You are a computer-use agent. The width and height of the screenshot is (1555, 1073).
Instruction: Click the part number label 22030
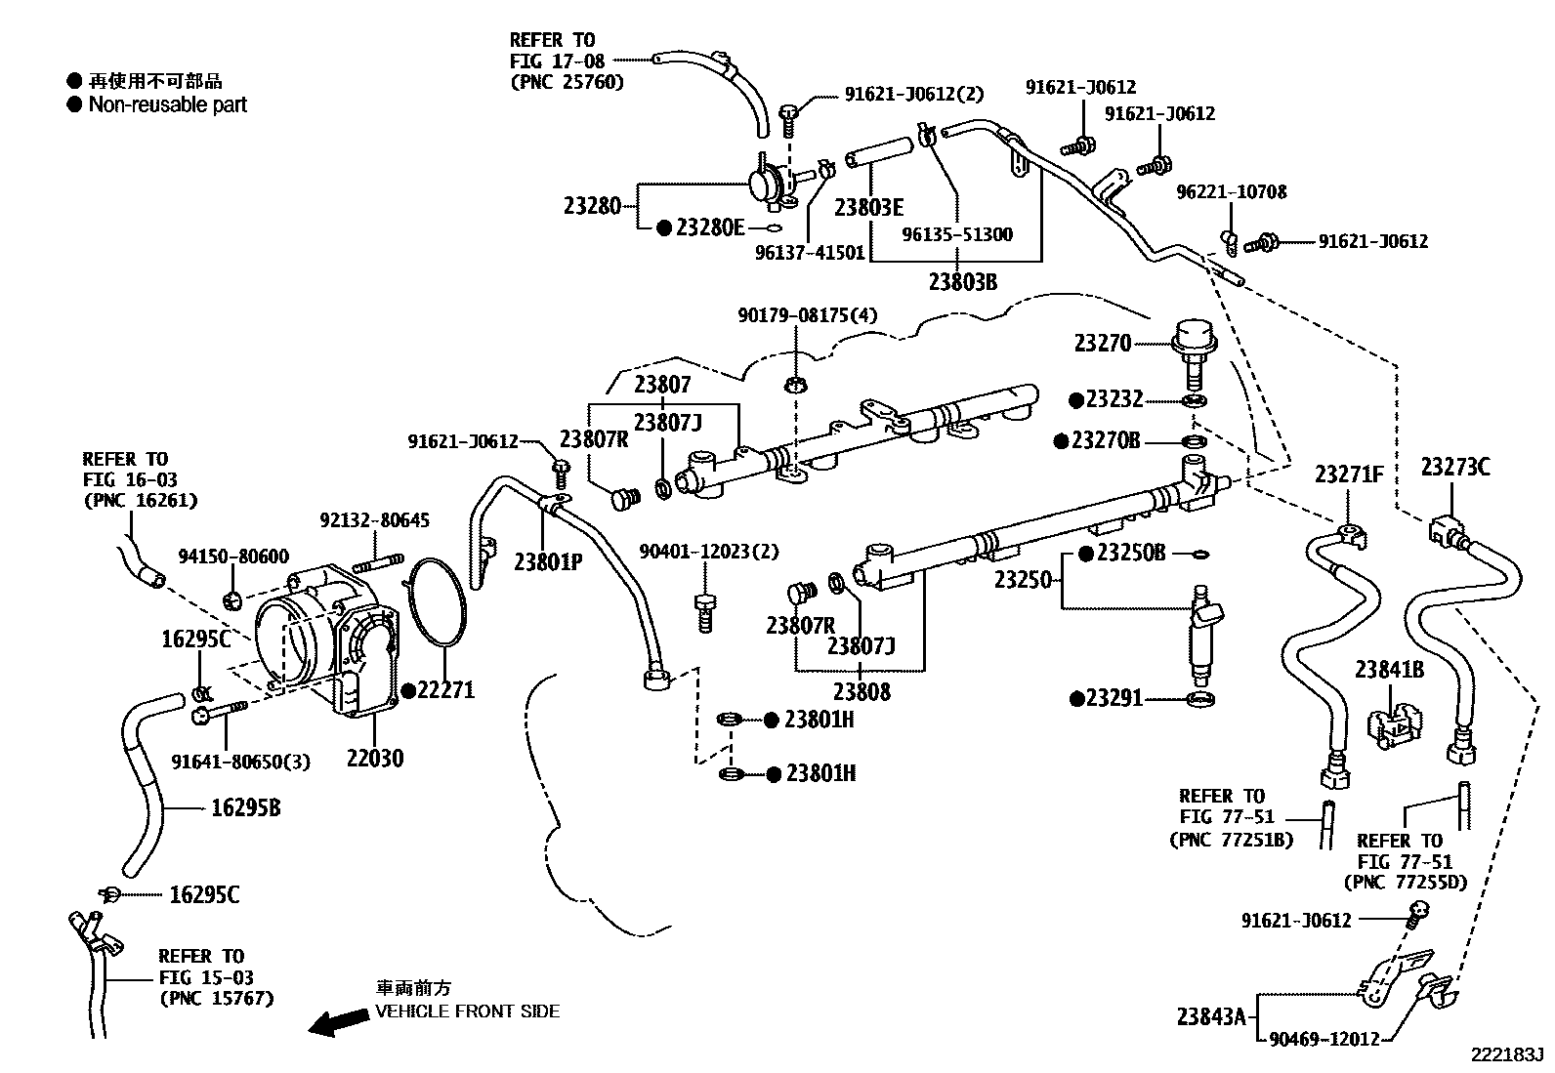374,759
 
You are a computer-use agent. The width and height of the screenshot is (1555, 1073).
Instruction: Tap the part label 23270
1103,344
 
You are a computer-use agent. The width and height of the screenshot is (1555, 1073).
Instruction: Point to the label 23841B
1389,670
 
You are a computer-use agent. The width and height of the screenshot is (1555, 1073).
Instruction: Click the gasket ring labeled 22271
436,603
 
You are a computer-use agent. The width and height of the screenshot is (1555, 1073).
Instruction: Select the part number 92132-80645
374,520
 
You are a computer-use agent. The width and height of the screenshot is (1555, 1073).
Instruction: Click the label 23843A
1211,1016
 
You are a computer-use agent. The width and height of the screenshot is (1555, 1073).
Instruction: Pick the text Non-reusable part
167,104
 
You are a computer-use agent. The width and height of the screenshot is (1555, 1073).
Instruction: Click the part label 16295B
246,808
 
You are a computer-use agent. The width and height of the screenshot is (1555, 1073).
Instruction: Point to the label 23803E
868,208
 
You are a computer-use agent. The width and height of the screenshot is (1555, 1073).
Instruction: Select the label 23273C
1455,468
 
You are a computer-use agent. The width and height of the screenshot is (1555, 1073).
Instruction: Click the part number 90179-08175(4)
807,315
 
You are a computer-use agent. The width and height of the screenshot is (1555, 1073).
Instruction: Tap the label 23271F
1349,475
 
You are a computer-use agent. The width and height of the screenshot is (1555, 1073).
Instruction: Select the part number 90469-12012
1324,1040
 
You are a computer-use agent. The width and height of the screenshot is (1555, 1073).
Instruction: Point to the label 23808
862,692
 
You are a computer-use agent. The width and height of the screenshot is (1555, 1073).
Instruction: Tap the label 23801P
548,561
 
